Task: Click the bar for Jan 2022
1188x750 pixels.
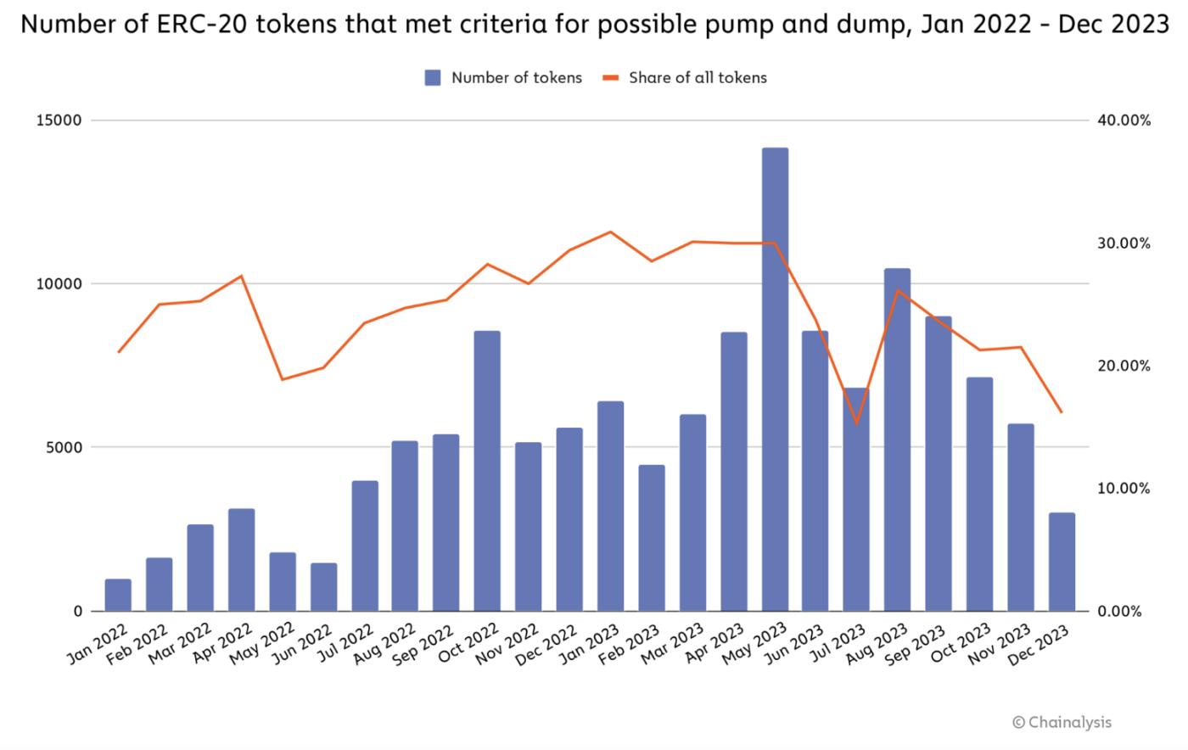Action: [118, 595]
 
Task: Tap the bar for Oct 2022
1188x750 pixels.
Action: [487, 471]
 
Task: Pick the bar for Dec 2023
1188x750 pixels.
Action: [1062, 562]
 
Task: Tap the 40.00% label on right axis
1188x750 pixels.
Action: [1124, 120]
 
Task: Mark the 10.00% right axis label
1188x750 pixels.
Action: [1124, 489]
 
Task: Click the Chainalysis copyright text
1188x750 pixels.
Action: [1062, 722]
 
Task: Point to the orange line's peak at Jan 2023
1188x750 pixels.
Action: [610, 232]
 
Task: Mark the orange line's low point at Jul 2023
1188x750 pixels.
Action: [856, 423]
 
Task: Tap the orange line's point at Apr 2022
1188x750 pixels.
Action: [241, 276]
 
